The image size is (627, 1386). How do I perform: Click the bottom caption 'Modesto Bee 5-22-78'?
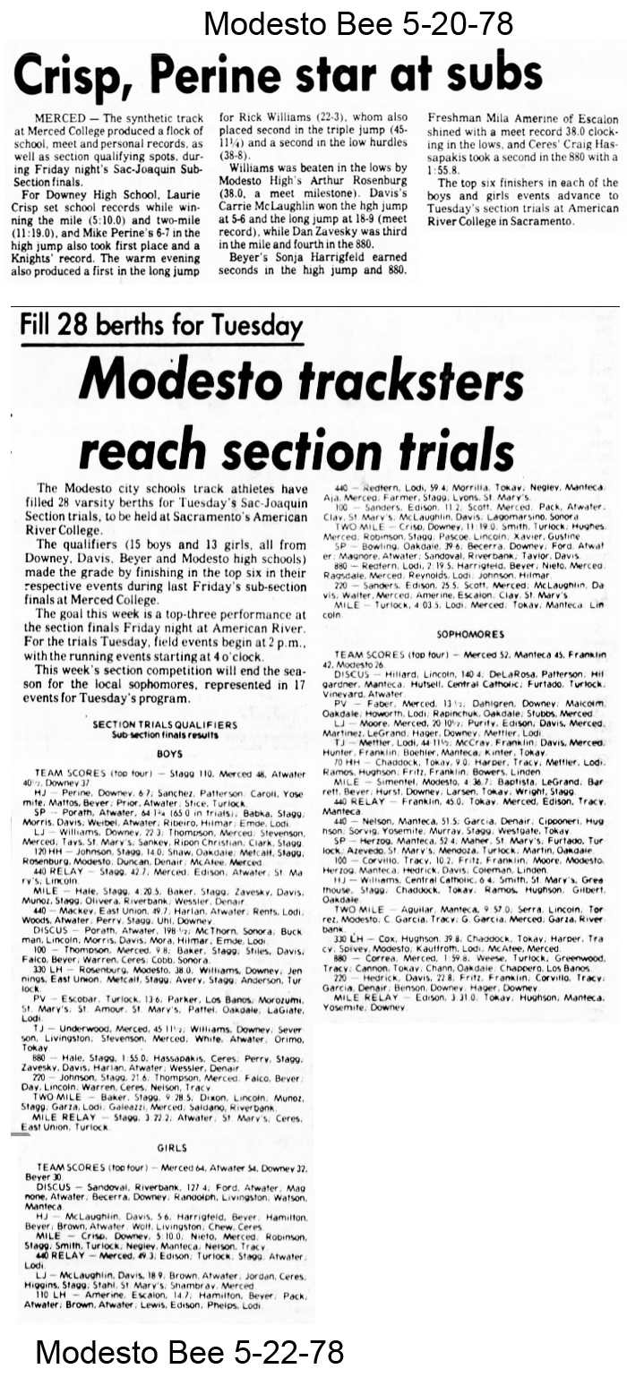coord(189,1351)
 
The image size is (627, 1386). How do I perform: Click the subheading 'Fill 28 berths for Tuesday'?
coord(161,324)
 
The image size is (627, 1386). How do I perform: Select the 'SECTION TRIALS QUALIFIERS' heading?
coord(164,723)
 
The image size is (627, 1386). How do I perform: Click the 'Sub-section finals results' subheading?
coord(164,734)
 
